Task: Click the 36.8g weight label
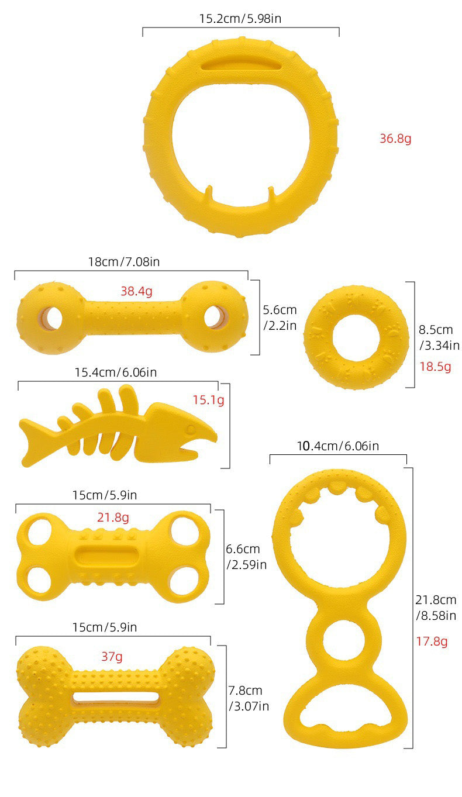(x=395, y=139)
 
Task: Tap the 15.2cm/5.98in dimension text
(x=240, y=19)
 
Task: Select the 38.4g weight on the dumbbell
(x=136, y=291)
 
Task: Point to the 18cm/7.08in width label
(x=124, y=262)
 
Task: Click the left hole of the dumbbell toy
(x=50, y=318)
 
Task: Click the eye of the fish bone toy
(x=191, y=429)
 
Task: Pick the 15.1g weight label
(x=209, y=401)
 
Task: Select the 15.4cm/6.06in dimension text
(x=116, y=372)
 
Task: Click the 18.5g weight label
(x=435, y=367)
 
